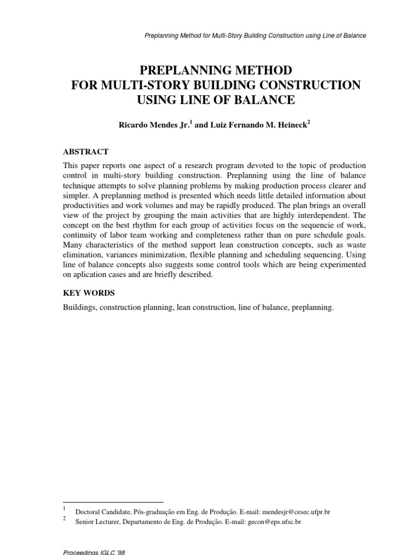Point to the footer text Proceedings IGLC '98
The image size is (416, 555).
94,551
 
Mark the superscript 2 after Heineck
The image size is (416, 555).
309,121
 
